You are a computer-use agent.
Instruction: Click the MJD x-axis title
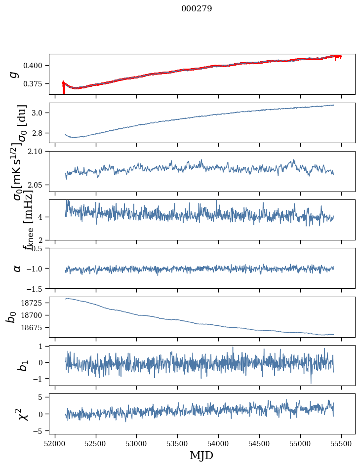[x=201, y=455]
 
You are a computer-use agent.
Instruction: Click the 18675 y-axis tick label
[x=35, y=328]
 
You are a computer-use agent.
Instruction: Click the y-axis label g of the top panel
[x=14, y=74]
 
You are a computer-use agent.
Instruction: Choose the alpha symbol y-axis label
[x=17, y=268]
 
